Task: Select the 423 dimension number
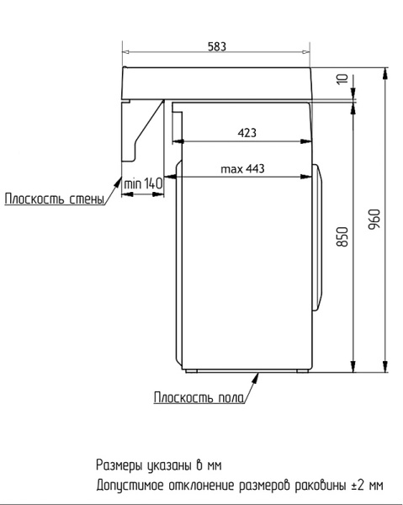(247, 132)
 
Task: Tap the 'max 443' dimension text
(242, 169)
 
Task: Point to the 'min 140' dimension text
(143, 183)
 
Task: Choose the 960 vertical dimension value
(375, 217)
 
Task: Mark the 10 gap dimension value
(341, 80)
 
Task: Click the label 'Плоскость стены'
(55, 199)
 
